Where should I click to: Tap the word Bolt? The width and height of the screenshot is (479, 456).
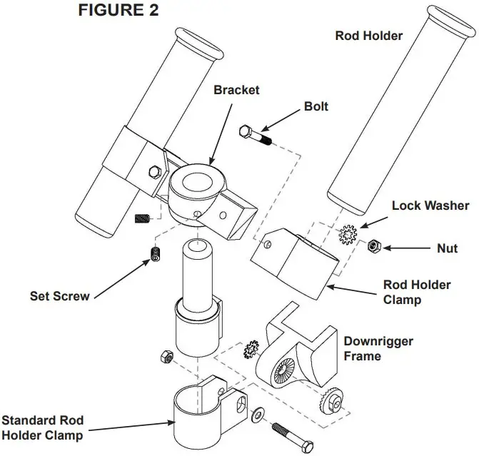click(x=316, y=106)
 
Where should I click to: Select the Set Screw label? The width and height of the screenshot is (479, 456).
click(x=60, y=295)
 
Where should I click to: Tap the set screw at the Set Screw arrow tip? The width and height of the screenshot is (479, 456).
click(x=153, y=253)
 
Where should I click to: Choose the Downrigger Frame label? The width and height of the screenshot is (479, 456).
click(x=378, y=348)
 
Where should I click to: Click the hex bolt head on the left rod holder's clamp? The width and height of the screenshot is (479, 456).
click(x=152, y=171)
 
